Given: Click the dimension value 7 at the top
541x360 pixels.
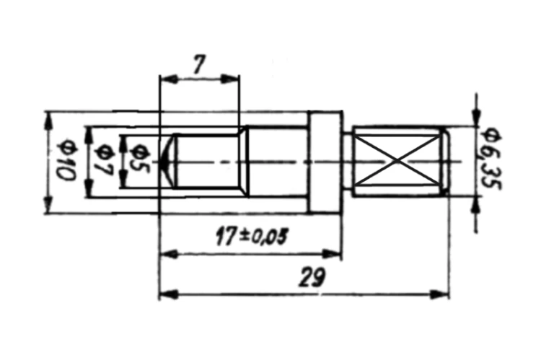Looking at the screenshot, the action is point(199,64).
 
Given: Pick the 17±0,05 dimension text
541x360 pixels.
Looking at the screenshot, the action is point(252,236).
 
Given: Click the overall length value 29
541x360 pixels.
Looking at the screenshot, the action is point(312,278).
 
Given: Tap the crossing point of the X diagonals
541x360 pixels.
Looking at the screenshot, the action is point(398,160).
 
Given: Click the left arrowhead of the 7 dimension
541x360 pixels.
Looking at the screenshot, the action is point(169,79).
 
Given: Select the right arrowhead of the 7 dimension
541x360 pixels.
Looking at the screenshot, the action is point(230,79).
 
